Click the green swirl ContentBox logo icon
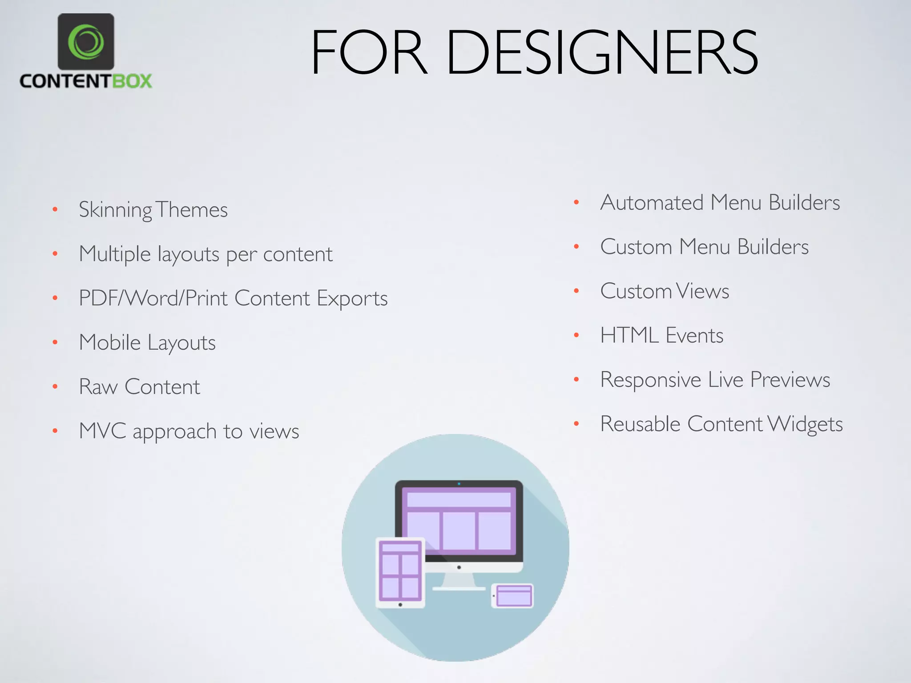(x=86, y=42)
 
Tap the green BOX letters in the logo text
(x=132, y=81)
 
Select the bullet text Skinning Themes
(x=153, y=210)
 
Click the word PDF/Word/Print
(x=153, y=298)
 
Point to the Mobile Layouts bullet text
(x=147, y=343)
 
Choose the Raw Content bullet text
(x=139, y=387)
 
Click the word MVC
(x=102, y=431)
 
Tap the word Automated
(x=652, y=203)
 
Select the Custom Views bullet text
(x=665, y=291)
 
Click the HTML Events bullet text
(x=661, y=336)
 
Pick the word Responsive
(x=650, y=380)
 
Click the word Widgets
(x=805, y=424)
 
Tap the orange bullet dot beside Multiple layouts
(x=55, y=254)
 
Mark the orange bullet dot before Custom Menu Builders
(x=576, y=247)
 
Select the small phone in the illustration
(x=512, y=595)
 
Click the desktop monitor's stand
(x=459, y=581)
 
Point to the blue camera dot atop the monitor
(x=459, y=484)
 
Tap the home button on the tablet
(x=400, y=605)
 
